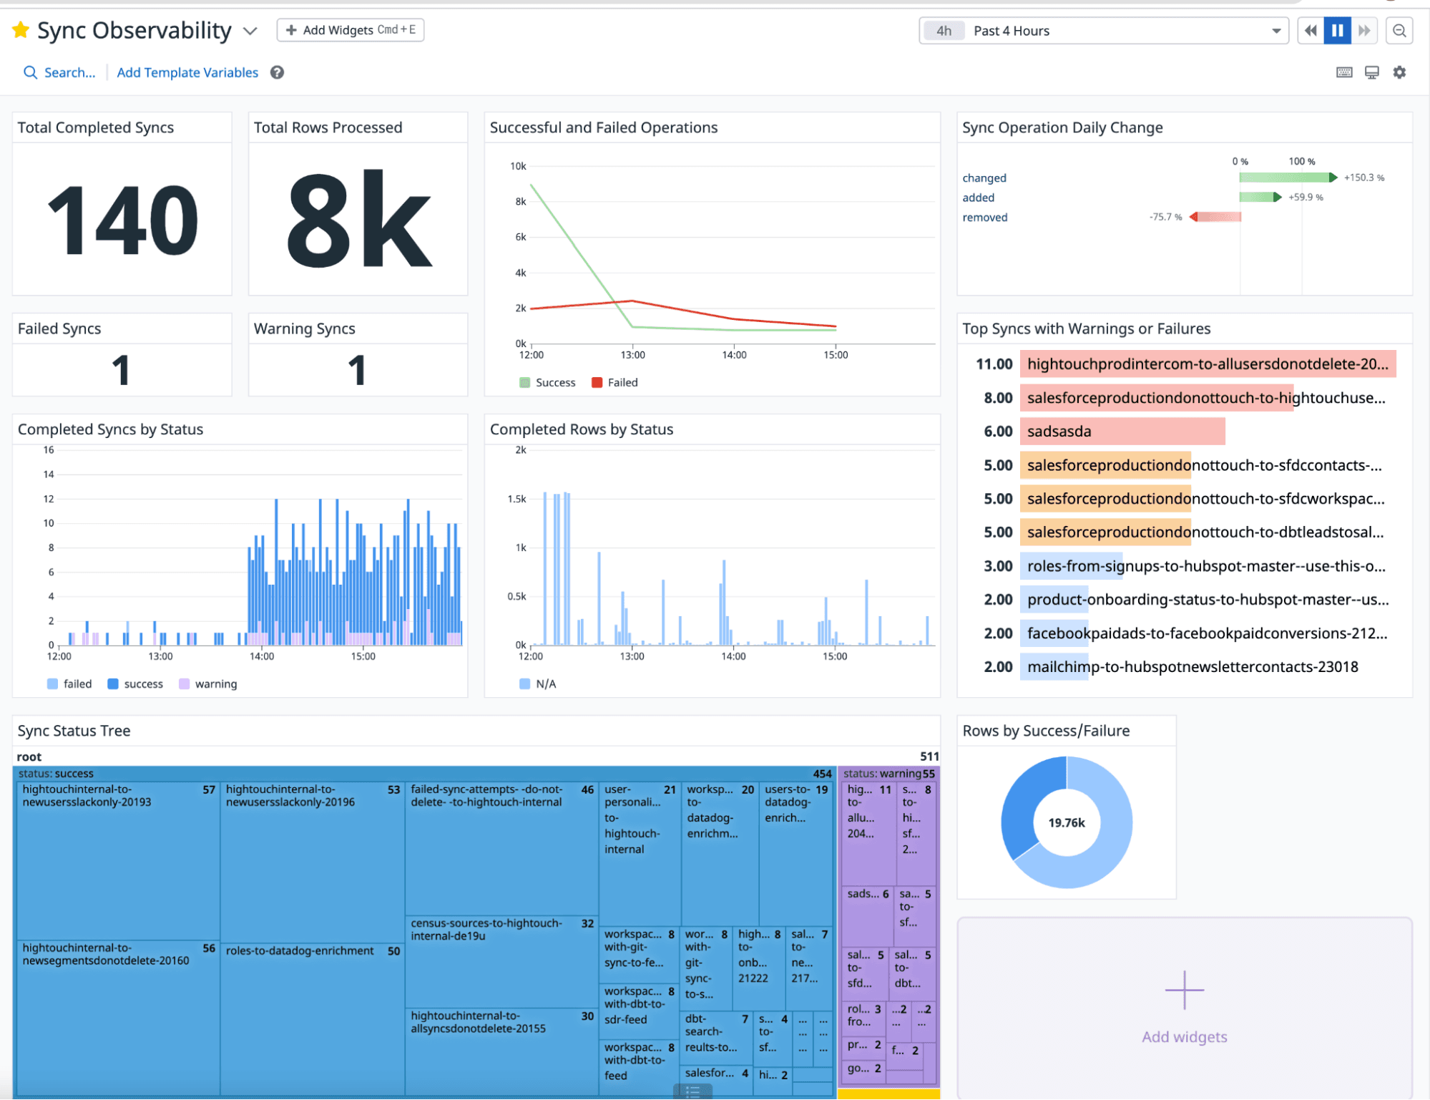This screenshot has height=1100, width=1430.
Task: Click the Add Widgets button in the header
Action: (350, 30)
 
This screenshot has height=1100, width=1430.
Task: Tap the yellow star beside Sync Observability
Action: (21, 30)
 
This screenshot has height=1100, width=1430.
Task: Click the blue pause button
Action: (1337, 31)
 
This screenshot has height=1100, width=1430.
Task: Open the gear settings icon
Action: (1399, 72)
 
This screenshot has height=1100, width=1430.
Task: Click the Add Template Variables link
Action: (187, 72)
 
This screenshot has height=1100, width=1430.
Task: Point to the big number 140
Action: (122, 220)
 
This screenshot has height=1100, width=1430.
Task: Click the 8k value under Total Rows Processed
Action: (358, 220)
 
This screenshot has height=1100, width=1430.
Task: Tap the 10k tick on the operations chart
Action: (518, 166)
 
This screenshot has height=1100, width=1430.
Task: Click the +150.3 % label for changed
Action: (1363, 177)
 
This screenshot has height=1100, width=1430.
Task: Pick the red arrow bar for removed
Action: (1215, 217)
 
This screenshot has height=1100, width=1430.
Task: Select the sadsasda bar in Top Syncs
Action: (1122, 432)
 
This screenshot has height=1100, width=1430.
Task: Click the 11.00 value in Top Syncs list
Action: (994, 364)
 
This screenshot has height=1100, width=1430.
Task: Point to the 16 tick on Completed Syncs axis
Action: (49, 450)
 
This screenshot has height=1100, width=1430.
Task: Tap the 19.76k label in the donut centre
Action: (1066, 823)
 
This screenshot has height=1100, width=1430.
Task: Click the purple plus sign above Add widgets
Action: (1184, 991)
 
